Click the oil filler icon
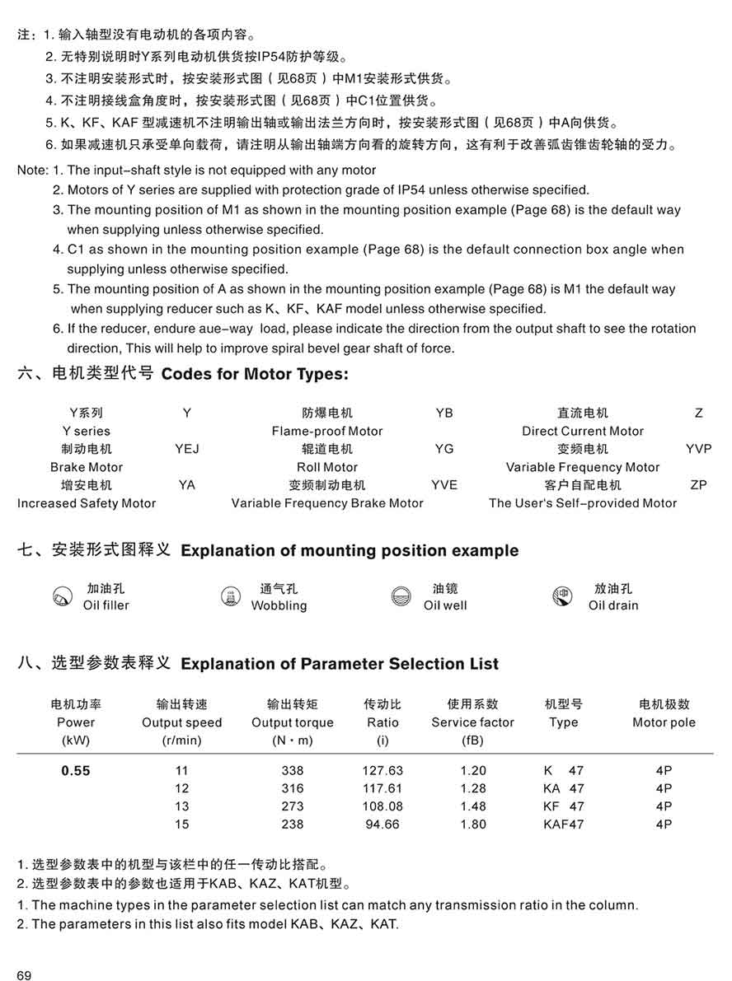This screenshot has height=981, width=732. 62,597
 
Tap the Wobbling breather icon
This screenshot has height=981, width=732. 231,597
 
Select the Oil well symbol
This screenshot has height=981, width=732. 401,597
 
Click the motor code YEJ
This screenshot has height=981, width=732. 187,449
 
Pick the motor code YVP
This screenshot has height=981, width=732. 698,449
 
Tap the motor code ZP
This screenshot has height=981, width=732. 698,485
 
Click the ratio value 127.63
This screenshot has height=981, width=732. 382,771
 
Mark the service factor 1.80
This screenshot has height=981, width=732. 473,825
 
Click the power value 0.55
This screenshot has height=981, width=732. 76,771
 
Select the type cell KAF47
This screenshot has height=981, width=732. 563,825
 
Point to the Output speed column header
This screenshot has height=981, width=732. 182,722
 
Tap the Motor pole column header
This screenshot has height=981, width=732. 664,722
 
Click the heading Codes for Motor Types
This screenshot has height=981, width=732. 256,374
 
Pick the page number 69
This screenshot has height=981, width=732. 24,976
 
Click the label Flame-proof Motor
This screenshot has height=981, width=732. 327,431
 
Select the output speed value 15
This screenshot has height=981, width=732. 181,825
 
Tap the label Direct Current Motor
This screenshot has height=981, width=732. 583,431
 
